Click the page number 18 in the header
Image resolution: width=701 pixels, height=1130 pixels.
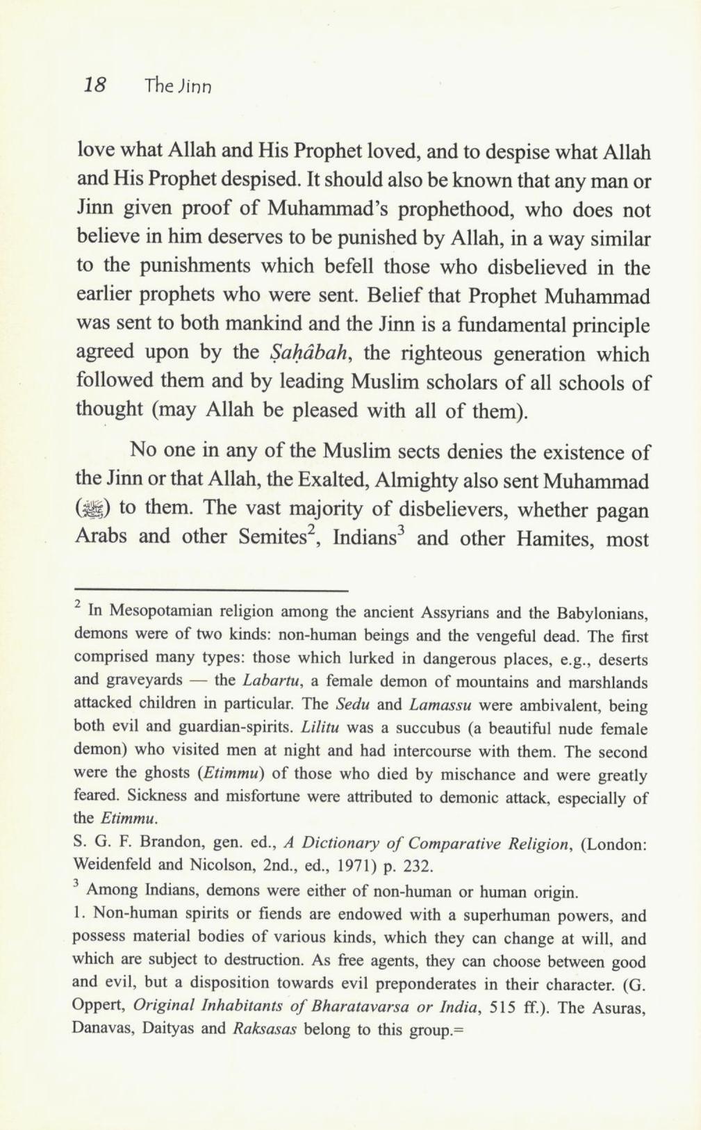coord(94,85)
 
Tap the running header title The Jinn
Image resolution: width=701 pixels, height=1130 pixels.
coord(178,87)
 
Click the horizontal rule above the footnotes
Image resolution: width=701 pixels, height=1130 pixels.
coord(211,591)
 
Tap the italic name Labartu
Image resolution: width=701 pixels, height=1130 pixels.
coord(272,681)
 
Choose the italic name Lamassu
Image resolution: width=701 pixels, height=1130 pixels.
coord(441,705)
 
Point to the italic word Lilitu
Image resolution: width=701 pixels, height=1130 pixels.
coord(320,728)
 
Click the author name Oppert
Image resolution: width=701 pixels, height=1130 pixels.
coord(99,1008)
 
